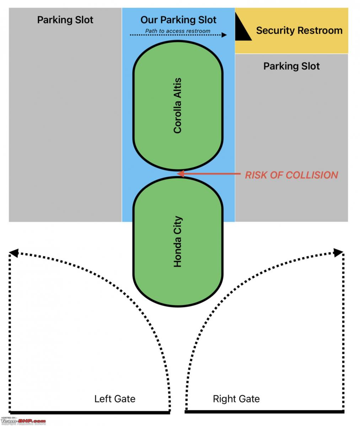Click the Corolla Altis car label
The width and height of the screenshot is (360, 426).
pos(177,105)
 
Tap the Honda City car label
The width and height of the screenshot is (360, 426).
pos(178,241)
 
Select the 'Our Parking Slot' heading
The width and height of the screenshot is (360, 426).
pos(178,20)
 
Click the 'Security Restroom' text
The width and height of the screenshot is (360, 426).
pos(299,31)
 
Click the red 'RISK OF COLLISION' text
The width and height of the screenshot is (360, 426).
pos(291,175)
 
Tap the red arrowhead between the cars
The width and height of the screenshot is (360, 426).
pos(181,174)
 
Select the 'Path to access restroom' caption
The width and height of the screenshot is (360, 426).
pos(178,31)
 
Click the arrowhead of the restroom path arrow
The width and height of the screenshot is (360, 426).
pos(224,35)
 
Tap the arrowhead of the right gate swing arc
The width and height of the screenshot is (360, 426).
pos(338,252)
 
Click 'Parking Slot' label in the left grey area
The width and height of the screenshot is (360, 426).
pos(65,20)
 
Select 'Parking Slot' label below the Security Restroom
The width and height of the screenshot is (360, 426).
pos(291,66)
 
